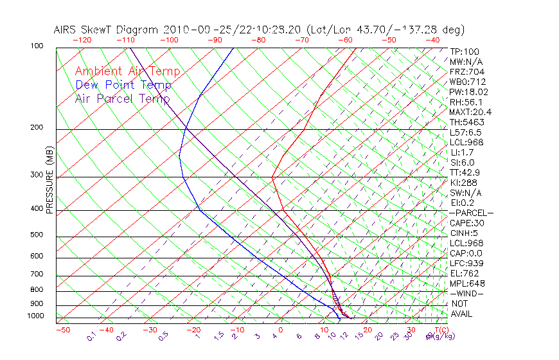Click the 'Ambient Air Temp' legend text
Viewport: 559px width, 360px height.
click(x=127, y=71)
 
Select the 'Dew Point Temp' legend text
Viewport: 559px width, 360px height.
click(x=123, y=85)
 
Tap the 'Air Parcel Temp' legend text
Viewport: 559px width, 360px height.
click(x=122, y=98)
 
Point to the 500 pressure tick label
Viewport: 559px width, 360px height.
click(x=37, y=235)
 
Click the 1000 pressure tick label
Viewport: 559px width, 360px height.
click(x=35, y=316)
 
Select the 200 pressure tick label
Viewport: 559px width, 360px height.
click(x=37, y=127)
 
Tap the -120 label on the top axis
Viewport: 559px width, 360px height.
click(x=82, y=40)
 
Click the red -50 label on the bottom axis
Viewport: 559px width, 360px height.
click(x=62, y=330)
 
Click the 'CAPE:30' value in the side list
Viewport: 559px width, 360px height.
click(x=466, y=223)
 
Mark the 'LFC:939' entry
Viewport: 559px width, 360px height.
click(x=466, y=264)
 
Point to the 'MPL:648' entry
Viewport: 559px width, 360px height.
click(x=467, y=283)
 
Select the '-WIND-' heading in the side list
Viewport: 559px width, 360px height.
click(x=466, y=293)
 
